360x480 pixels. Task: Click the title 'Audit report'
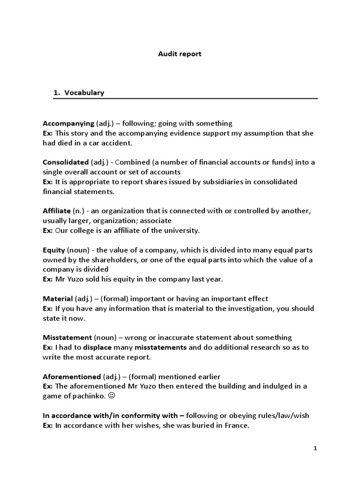pos(180,54)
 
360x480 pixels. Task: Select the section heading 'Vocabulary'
pos(84,93)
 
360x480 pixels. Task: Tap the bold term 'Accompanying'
pos(68,123)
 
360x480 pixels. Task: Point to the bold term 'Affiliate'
pos(57,211)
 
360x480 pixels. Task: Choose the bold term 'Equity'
pos(54,250)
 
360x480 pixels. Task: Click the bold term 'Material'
pos(58,299)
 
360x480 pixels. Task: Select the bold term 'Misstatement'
pos(67,337)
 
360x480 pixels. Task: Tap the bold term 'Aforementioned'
pos(72,376)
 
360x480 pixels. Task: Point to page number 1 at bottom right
pos(315,449)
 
